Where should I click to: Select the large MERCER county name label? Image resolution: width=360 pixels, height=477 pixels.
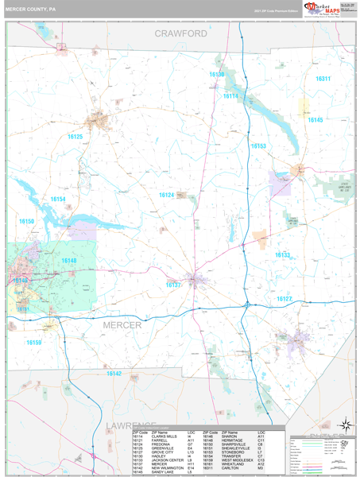pyautogui.click(x=122, y=325)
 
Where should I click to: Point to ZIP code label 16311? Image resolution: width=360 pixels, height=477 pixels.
pyautogui.click(x=323, y=79)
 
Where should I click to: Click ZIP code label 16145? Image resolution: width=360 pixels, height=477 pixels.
pyautogui.click(x=315, y=119)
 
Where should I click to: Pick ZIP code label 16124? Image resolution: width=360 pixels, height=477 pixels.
pyautogui.click(x=166, y=195)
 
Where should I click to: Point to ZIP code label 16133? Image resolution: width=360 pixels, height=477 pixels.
pyautogui.click(x=283, y=255)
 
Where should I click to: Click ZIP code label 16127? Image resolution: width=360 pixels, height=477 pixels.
pyautogui.click(x=285, y=298)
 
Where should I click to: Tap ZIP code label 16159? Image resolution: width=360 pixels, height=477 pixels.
pyautogui.click(x=33, y=343)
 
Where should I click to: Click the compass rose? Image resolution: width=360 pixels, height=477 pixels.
pyautogui.click(x=344, y=425)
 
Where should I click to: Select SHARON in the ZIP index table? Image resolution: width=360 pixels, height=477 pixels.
pyautogui.click(x=232, y=437)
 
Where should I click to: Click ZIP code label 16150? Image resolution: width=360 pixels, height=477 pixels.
pyautogui.click(x=27, y=221)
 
